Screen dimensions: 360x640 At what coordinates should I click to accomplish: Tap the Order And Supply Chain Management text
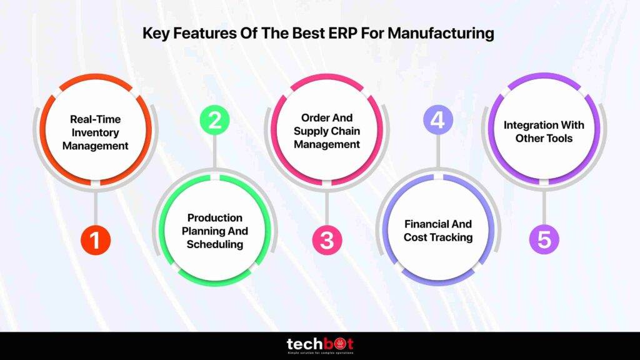[x=326, y=131]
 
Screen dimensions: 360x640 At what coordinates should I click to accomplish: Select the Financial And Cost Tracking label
[x=437, y=230]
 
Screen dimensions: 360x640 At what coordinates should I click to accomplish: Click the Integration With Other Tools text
[x=544, y=131]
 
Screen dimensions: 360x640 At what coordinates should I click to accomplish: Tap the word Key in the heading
[x=156, y=33]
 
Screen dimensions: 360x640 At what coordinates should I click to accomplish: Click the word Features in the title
[x=199, y=33]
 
